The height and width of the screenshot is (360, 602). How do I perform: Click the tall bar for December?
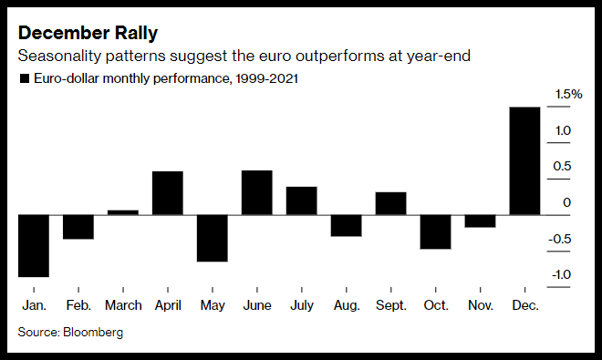[524, 160]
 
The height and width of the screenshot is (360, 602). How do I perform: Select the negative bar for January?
[34, 246]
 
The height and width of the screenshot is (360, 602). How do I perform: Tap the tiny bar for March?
[123, 212]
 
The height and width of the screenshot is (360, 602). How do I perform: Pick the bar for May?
[213, 239]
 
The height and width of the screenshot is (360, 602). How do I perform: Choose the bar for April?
[168, 193]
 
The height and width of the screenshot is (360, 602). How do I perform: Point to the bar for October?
[435, 231]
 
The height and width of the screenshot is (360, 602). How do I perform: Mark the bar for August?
[347, 226]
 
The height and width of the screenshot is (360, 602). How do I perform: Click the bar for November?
[480, 221]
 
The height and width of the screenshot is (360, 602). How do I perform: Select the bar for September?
[390, 203]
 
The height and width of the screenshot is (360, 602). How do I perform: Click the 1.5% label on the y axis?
[568, 94]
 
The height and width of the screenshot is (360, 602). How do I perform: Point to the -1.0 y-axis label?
[561, 275]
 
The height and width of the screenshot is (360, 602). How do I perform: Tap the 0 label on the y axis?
[567, 202]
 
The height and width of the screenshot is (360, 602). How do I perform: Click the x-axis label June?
[257, 305]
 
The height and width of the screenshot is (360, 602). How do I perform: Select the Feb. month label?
[78, 305]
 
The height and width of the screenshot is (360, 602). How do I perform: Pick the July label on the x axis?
[302, 306]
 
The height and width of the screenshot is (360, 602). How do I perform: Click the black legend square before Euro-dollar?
[25, 78]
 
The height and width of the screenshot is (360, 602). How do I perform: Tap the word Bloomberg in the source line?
[93, 332]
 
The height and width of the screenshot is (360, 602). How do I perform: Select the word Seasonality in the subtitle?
[59, 56]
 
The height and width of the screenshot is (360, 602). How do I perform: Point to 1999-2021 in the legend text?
[267, 78]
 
